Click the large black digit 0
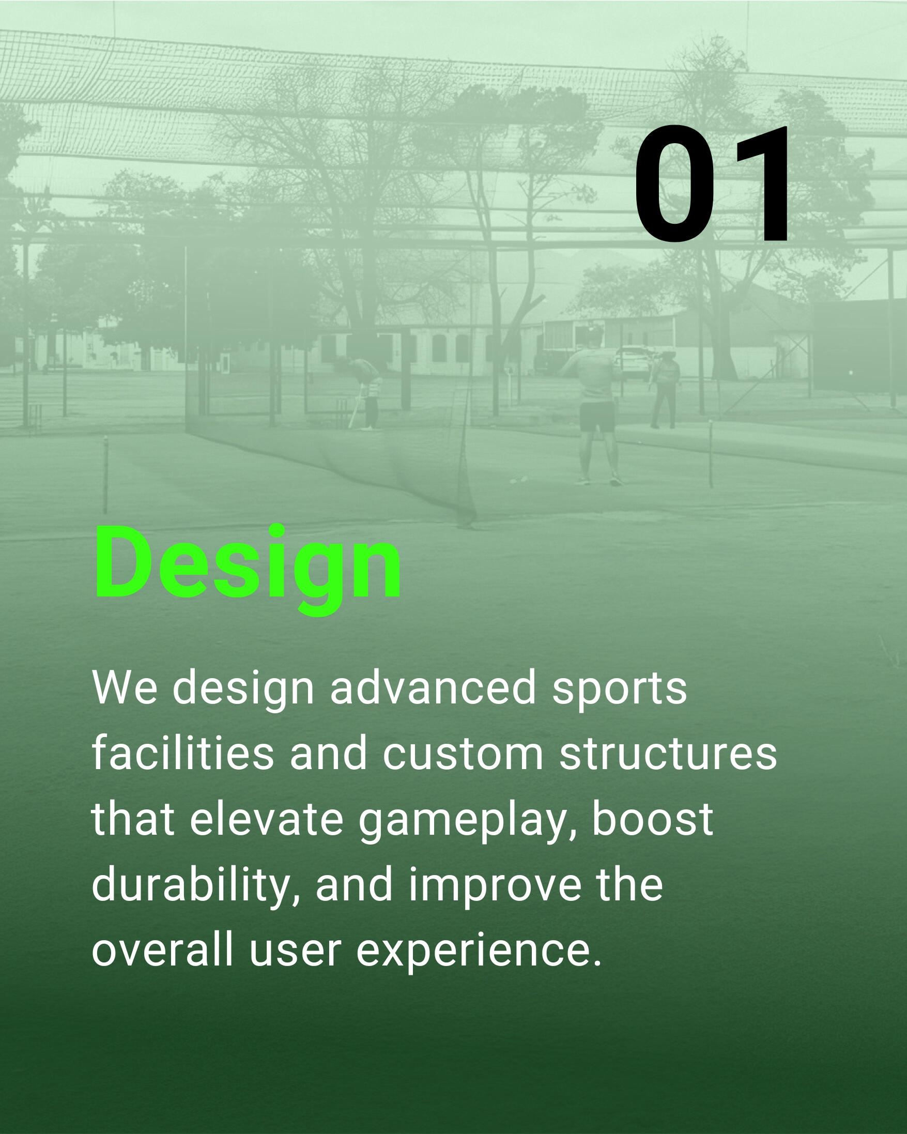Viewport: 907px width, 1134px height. pos(675,184)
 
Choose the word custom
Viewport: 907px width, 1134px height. pos(463,754)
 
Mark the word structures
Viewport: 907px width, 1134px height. pos(668,754)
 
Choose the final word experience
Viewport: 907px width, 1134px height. pos(479,955)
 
